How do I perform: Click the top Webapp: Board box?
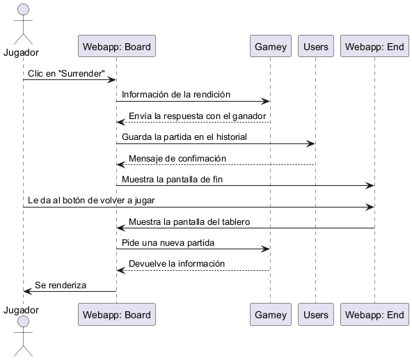(x=117, y=46)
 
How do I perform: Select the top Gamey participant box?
(x=270, y=46)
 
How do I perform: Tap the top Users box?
(x=315, y=46)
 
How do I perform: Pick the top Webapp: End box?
(x=374, y=46)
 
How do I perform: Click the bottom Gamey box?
(x=270, y=314)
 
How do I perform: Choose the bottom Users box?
(x=315, y=314)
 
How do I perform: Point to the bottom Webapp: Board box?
(x=117, y=314)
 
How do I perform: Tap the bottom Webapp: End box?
(x=374, y=314)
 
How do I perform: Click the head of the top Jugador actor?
(x=23, y=10)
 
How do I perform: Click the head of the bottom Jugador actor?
(x=23, y=322)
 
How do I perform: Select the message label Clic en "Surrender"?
(x=66, y=74)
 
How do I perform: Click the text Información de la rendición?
(x=176, y=95)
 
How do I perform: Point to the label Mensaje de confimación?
(x=177, y=159)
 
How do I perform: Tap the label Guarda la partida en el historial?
(x=184, y=137)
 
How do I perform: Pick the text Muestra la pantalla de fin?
(x=172, y=180)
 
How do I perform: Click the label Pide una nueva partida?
(x=168, y=243)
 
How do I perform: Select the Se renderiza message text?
(x=61, y=285)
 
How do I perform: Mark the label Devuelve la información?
(x=177, y=264)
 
